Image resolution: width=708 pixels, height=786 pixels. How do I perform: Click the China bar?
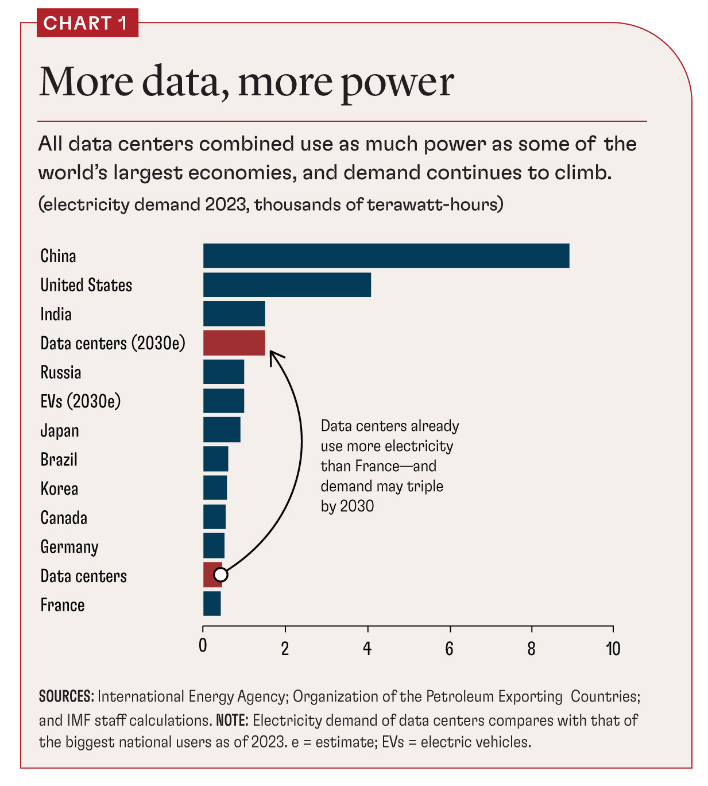[386, 256]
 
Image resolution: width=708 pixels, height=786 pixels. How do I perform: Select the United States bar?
[287, 285]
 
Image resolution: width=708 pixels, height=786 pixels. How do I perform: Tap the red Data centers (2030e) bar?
[234, 343]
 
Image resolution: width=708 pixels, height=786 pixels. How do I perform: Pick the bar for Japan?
[222, 430]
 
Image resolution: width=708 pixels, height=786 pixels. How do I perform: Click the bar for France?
[212, 604]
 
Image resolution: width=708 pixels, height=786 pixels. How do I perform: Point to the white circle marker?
[220, 575]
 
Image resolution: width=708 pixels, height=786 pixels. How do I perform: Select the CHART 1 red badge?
[87, 24]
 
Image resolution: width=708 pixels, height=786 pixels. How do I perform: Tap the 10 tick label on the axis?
[613, 649]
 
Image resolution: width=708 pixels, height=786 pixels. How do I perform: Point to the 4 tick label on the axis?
[367, 649]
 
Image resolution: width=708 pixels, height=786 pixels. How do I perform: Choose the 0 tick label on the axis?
[203, 646]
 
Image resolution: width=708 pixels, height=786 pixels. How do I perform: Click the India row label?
[56, 314]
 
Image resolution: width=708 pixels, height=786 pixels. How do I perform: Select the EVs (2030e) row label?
[80, 401]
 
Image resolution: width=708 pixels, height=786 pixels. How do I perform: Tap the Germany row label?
[69, 547]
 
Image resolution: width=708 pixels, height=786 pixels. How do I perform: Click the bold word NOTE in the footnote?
[232, 720]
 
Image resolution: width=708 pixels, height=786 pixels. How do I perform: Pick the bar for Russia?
[223, 372]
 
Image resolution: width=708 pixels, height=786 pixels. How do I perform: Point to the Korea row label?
[59, 489]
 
